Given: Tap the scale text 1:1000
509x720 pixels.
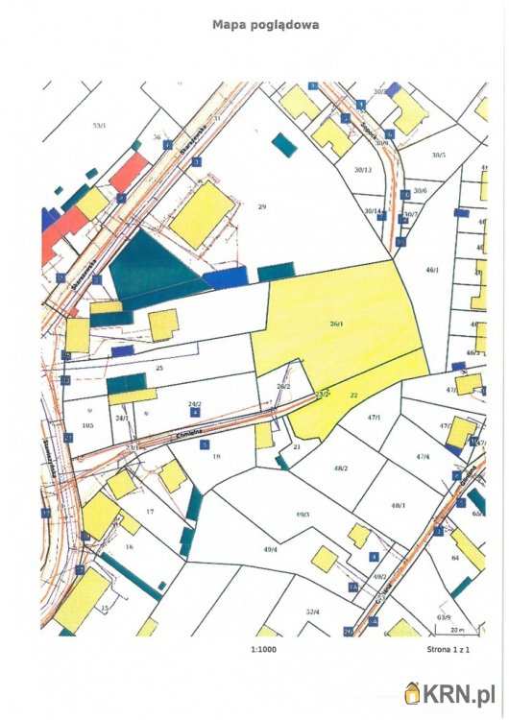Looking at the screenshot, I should point(260,650).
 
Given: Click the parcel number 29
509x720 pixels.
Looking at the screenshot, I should point(261,206).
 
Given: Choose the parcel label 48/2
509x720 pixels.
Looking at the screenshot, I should point(340,468).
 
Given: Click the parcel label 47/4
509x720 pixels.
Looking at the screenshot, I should point(423,457).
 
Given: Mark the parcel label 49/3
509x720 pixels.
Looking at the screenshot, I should point(303,516).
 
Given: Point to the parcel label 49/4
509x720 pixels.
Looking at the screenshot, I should point(270,549).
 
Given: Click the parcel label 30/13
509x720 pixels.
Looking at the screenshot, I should point(362,170).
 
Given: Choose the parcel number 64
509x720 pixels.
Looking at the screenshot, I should point(454,557).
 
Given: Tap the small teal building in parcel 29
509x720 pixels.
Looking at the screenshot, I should point(284,145).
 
